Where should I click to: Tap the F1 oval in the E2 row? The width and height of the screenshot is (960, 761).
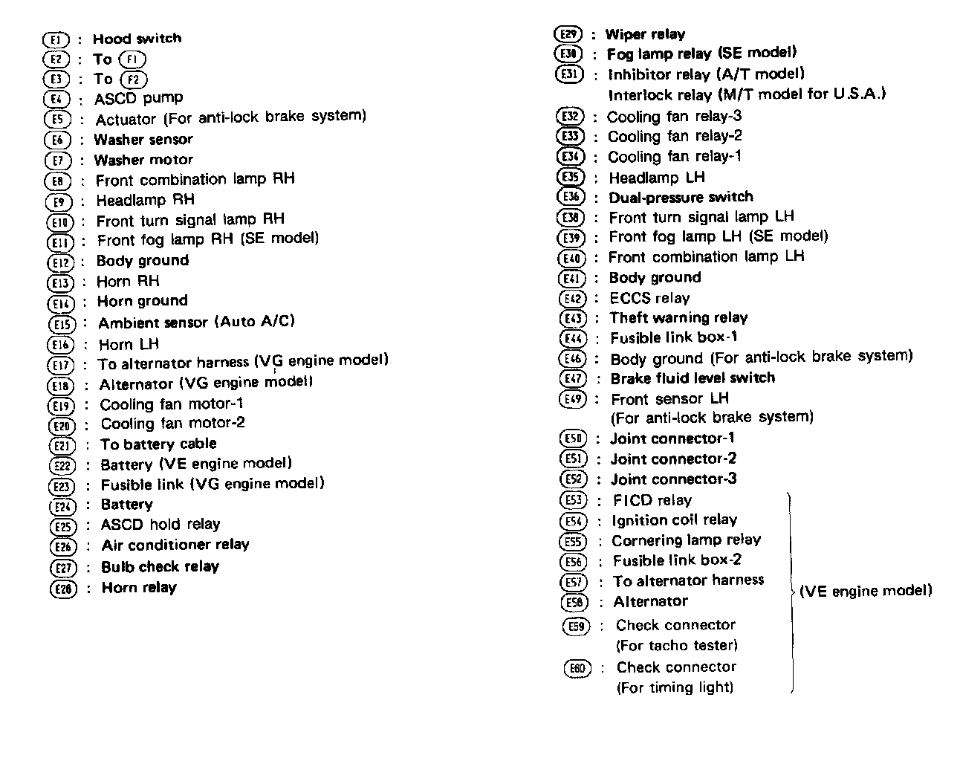132,59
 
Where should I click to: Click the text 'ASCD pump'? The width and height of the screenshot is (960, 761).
138,98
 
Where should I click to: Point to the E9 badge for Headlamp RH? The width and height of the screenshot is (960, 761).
59,201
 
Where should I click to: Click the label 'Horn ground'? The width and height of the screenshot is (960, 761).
143,301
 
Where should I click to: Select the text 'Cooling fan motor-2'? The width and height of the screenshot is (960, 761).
172,424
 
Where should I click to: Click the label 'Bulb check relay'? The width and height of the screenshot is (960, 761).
160,566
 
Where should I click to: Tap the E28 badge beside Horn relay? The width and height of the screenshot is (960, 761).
63,589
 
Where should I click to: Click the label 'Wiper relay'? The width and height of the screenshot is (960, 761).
645,34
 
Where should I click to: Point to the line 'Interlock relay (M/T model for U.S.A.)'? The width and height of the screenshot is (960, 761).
747,95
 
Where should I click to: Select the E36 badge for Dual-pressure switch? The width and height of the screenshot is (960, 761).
570,198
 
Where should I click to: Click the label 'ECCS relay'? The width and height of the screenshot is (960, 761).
649,298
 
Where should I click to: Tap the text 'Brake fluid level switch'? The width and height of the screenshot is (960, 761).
693,378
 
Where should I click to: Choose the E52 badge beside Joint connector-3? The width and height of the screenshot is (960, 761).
572,480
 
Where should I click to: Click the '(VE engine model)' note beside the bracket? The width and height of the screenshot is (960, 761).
865,592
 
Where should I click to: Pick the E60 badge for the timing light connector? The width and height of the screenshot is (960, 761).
577,669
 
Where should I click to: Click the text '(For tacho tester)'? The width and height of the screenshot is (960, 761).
677,645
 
